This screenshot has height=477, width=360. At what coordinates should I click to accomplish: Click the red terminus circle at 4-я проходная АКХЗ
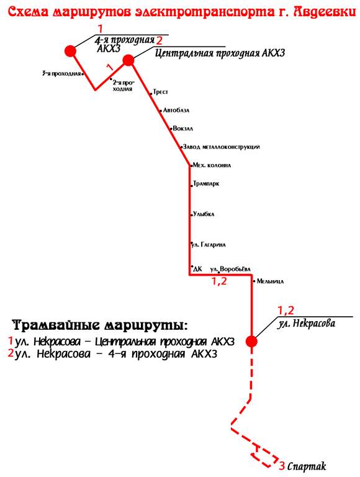pos(71,51)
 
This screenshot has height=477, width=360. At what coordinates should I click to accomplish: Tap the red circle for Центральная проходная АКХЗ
pos(128,60)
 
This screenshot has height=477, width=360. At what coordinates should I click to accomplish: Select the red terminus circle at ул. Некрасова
pos(251,342)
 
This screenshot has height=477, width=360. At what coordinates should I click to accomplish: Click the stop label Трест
pos(160,91)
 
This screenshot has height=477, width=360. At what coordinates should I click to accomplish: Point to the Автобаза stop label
pos(176,110)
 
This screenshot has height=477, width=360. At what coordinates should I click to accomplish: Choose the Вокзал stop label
pos(182,129)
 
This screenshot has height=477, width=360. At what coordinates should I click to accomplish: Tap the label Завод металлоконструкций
pos(222,147)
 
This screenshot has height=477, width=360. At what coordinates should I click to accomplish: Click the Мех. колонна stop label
pos(212,165)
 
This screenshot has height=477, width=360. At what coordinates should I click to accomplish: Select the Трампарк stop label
pos(206,184)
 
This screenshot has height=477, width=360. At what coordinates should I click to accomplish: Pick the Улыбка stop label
pos(204,214)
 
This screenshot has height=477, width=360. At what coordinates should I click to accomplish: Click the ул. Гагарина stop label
pos(209,245)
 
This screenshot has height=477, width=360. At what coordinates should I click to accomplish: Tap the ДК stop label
pos(197,269)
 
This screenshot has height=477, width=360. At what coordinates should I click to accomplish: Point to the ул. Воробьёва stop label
pos(230,269)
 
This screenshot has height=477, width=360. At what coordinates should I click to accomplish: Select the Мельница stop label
pos(270,281)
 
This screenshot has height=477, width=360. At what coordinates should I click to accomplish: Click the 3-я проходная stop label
pos(61,73)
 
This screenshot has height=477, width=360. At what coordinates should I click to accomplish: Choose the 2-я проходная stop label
pos(123,86)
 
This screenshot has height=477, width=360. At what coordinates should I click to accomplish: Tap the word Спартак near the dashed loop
pos(307,466)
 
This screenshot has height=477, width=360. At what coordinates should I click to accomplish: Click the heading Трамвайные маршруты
pos(101,325)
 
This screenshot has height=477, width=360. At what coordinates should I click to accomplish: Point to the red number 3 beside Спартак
pos(282,466)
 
